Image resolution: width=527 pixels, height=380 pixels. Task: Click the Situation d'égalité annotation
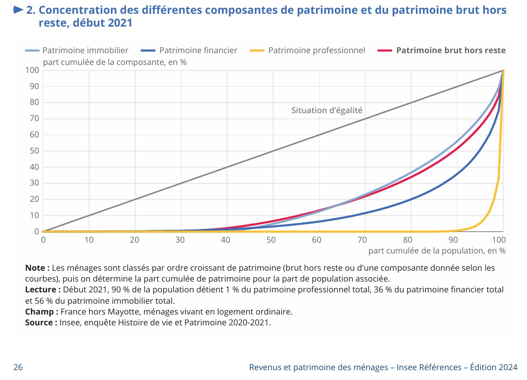click(x=327, y=110)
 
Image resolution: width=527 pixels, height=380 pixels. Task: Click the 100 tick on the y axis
click(x=32, y=70)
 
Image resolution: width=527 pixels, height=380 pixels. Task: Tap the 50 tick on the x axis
click(x=271, y=240)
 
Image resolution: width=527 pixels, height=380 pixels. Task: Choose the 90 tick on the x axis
click(x=453, y=240)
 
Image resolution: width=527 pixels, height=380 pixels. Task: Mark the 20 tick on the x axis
click(x=134, y=240)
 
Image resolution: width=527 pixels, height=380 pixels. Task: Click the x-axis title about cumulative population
click(x=437, y=251)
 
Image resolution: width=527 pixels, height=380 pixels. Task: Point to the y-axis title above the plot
click(x=115, y=62)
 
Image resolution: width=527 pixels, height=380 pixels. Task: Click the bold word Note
click(x=36, y=268)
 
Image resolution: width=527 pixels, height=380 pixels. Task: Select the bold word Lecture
click(x=42, y=289)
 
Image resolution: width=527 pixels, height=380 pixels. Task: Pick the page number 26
click(x=18, y=367)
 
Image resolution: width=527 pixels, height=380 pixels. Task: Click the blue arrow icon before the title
click(x=18, y=10)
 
